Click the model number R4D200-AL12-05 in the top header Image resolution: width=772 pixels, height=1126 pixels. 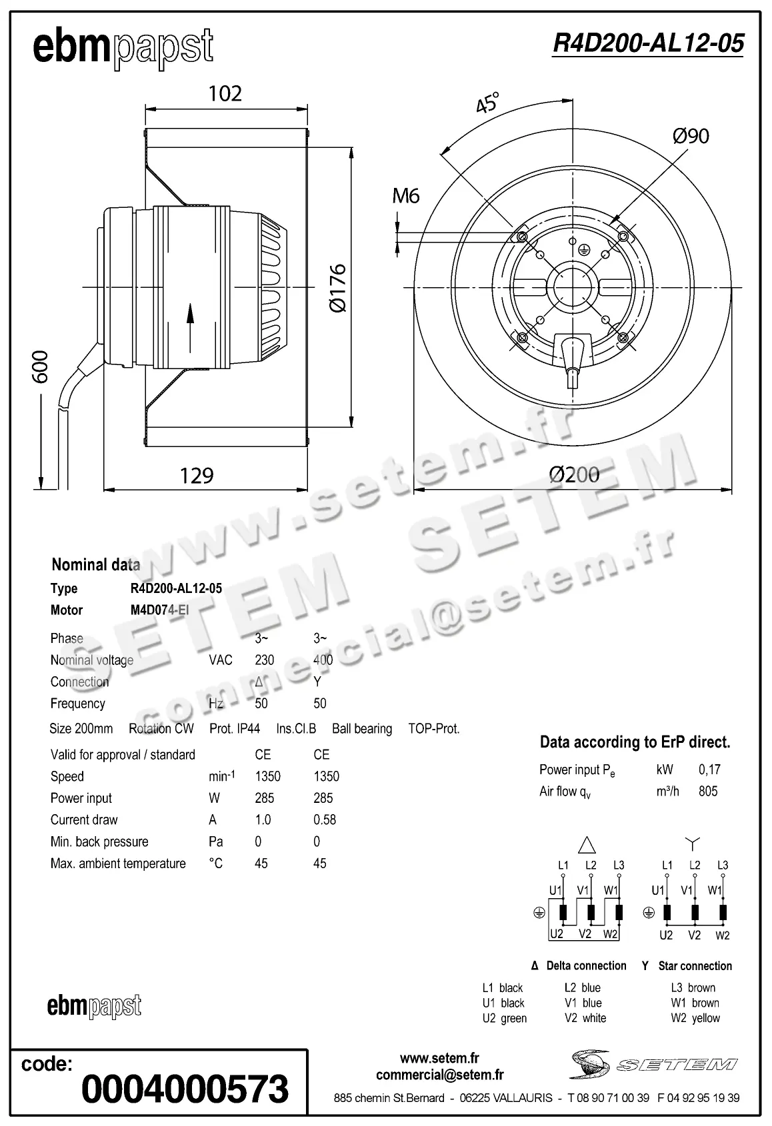[x=648, y=43]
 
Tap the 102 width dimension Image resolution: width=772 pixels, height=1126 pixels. [x=225, y=93]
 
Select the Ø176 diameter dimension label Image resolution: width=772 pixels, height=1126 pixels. [x=338, y=288]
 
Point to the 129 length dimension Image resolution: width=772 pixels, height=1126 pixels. [x=197, y=476]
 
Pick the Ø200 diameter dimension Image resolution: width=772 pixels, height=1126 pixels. [x=574, y=475]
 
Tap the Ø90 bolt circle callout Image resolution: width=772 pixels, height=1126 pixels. [x=691, y=136]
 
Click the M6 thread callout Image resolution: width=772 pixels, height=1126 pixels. [x=405, y=196]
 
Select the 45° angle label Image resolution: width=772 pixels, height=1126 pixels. [x=487, y=104]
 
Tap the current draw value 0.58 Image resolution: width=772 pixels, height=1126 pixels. [x=324, y=820]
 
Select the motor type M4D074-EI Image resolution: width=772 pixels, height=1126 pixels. [x=160, y=610]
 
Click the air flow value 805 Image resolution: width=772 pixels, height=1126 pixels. [x=708, y=791]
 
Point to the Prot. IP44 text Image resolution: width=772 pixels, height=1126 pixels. [x=235, y=728]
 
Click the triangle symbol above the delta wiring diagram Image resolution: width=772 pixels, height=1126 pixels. [x=587, y=845]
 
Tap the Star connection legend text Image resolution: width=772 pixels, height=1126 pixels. [x=695, y=965]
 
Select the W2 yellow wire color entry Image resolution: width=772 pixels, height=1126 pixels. [x=695, y=1018]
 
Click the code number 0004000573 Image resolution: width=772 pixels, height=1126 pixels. [x=185, y=1089]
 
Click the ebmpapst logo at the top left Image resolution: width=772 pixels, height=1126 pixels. [x=123, y=48]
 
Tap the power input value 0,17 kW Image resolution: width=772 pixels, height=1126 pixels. [x=709, y=770]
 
